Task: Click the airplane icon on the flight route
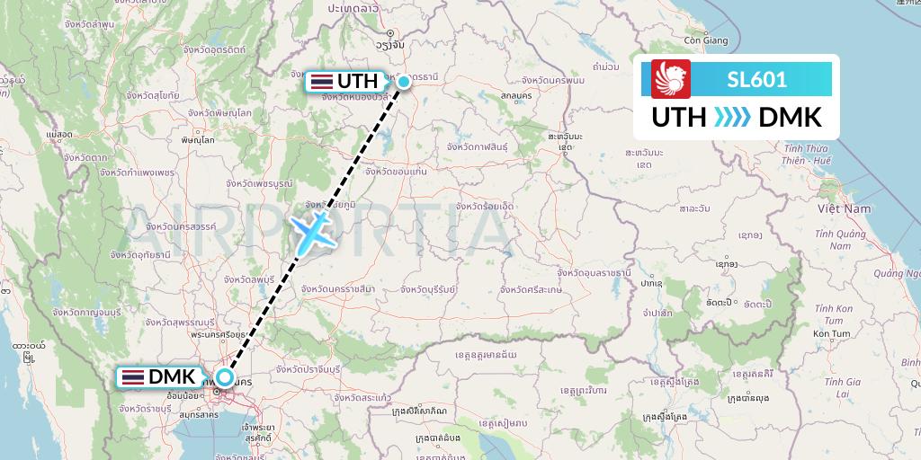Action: point(316,231)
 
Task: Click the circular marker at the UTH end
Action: point(404,82)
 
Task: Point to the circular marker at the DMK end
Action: point(223,377)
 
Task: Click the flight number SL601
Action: point(756,79)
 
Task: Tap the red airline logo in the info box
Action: point(671,79)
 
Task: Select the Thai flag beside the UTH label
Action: point(320,81)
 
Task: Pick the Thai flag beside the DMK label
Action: point(132,377)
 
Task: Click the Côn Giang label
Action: point(706,40)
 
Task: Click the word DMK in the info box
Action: point(790,118)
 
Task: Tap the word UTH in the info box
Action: point(677,118)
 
